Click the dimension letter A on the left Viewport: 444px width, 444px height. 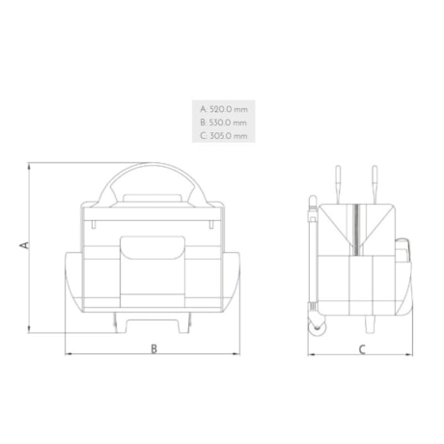coord(22,247)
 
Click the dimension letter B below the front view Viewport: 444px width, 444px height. coord(154,348)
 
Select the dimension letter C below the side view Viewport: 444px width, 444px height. coord(361,348)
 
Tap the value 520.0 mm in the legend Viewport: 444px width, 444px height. coord(228,109)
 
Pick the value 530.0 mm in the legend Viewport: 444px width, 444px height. coord(228,123)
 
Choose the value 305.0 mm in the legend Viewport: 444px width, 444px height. coord(228,136)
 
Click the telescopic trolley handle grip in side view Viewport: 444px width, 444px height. coord(311,202)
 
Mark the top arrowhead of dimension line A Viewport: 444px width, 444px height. coord(30,164)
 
